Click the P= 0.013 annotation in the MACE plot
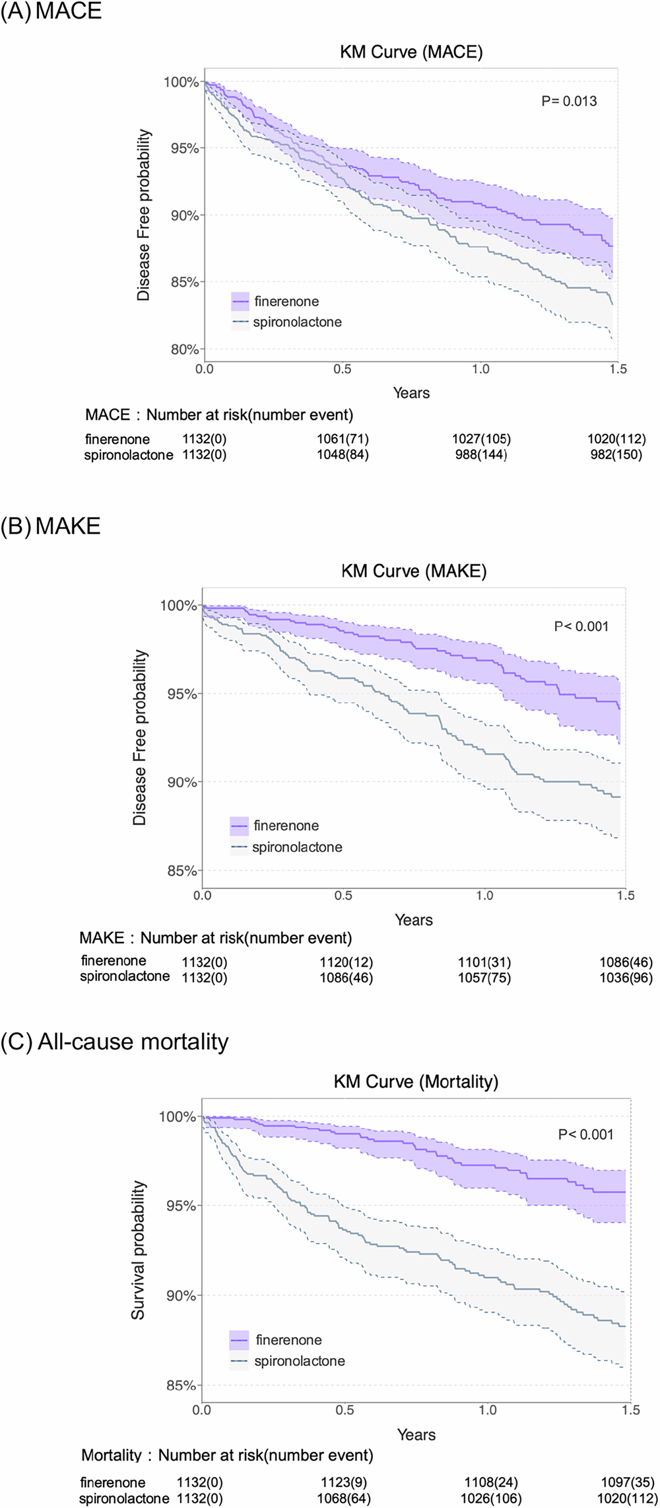coord(569,101)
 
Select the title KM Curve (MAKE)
coord(414,571)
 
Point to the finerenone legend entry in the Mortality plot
coord(288,1340)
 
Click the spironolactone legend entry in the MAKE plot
coord(297,847)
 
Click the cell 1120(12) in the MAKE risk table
coord(346,963)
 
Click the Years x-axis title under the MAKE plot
coord(414,919)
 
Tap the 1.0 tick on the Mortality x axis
coord(488,1409)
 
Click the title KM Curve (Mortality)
coord(416,1081)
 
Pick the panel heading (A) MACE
coord(51,11)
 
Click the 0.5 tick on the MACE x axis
coord(343,369)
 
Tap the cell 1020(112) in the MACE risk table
coord(616,439)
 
